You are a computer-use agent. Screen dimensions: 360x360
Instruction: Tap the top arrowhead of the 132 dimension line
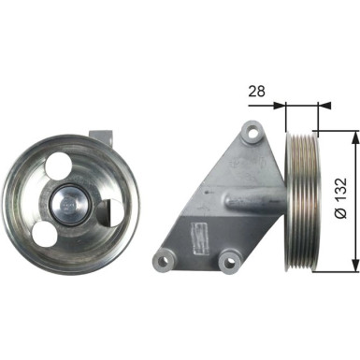353,137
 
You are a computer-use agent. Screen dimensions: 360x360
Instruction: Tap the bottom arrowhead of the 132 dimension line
353,265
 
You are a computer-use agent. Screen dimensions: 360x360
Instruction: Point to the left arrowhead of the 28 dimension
286,106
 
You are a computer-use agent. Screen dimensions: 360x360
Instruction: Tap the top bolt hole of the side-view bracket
250,131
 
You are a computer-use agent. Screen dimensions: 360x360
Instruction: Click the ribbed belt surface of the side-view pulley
302,201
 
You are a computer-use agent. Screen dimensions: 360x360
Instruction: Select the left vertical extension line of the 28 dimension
284,117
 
